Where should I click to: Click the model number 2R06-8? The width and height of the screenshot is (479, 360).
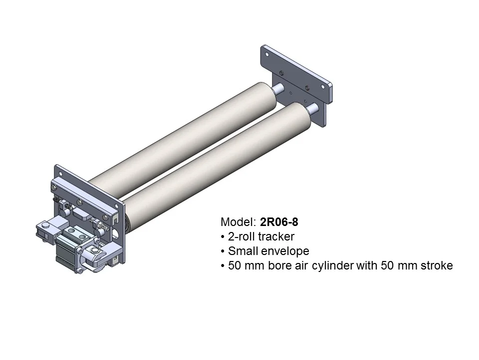279,221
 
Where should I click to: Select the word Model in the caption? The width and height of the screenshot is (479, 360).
237,221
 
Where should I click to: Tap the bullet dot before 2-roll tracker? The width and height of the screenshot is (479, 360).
222,236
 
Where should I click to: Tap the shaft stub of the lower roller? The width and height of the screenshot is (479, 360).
312,107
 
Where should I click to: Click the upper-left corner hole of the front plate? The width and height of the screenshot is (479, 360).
58,172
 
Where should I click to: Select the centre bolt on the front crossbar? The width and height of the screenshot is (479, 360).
79,202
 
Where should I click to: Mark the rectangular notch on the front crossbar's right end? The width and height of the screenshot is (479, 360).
115,218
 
